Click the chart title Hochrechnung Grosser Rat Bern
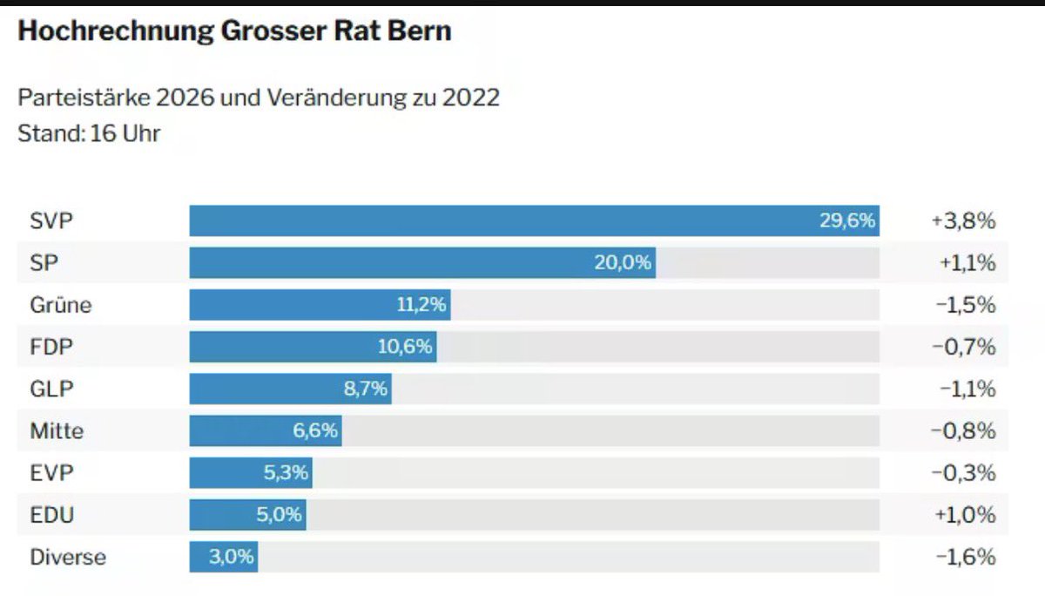[234, 31]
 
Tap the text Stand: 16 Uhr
[89, 134]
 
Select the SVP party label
[51, 221]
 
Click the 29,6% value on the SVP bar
[846, 221]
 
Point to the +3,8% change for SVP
[962, 221]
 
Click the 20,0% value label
[623, 263]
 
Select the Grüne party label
[60, 305]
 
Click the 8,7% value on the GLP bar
[366, 389]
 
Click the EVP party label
[51, 472]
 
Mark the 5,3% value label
[285, 472]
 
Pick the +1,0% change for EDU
[964, 514]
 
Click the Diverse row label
[68, 557]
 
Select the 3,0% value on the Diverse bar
[232, 557]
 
